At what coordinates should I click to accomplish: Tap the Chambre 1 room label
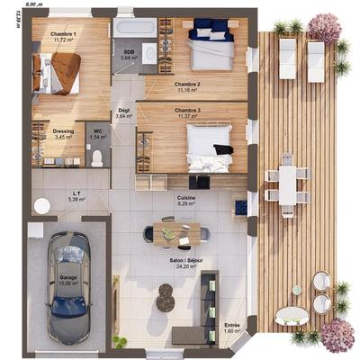click(x=64, y=33)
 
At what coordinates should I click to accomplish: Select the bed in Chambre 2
click(x=210, y=52)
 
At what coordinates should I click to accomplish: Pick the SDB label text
click(x=129, y=52)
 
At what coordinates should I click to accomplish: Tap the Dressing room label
click(x=63, y=131)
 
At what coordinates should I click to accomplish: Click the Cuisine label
click(x=187, y=200)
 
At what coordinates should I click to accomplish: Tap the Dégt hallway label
click(x=124, y=111)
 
